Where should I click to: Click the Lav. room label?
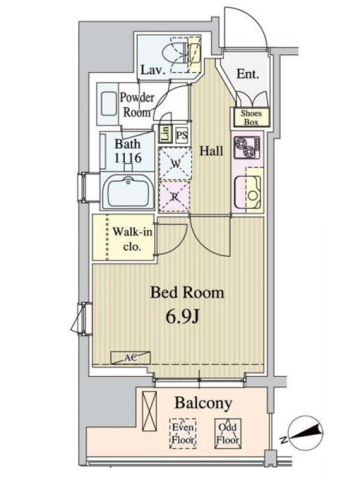153,70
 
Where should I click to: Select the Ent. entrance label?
248,74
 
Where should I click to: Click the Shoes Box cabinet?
251,118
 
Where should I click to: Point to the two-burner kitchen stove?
247,148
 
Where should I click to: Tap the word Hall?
211,151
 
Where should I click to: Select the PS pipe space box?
182,135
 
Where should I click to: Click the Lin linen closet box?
166,134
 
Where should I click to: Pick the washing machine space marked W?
175,163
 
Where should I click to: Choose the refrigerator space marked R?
175,197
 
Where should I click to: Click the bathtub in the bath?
128,191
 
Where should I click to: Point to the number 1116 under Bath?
128,158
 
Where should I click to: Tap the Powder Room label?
137,104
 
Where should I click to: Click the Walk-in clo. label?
132,239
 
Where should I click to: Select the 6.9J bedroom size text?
183,317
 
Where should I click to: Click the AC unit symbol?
130,358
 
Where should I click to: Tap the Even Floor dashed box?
183,433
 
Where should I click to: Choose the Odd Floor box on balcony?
228,433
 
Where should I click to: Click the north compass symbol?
305,433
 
